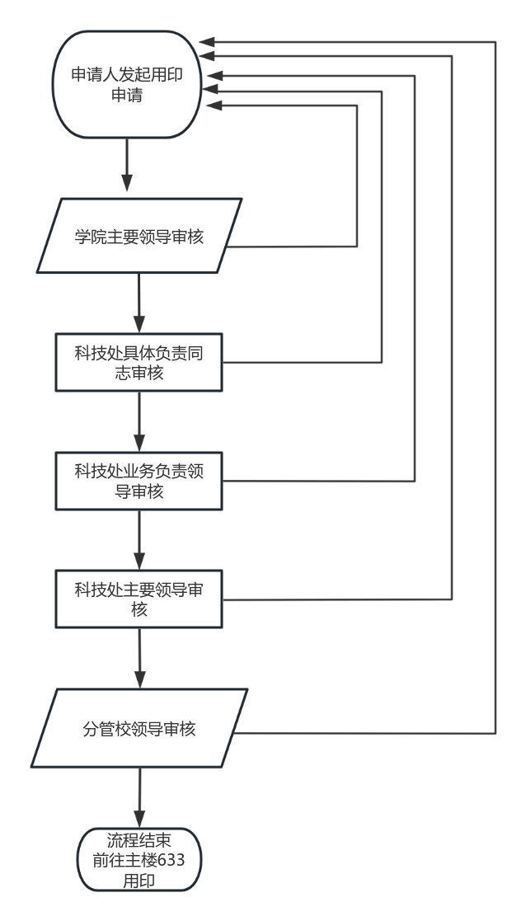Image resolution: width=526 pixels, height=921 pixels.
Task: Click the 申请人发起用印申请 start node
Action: pyautogui.click(x=127, y=85)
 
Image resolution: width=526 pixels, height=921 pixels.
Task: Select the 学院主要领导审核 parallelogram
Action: pyautogui.click(x=139, y=236)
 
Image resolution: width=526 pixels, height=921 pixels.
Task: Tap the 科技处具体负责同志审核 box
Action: pyautogui.click(x=139, y=363)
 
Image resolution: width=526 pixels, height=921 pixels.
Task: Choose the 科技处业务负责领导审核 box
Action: pyautogui.click(x=139, y=481)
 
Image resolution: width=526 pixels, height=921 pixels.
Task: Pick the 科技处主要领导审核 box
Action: pyautogui.click(x=139, y=599)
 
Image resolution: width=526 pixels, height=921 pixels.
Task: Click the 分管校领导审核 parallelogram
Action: pyautogui.click(x=139, y=729)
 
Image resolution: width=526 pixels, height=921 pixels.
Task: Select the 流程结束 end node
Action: pyautogui.click(x=139, y=860)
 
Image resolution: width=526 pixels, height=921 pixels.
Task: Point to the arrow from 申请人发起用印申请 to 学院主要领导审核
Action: pyautogui.click(x=127, y=168)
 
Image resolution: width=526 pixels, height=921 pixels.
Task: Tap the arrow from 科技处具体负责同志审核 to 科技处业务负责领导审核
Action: pyautogui.click(x=139, y=421)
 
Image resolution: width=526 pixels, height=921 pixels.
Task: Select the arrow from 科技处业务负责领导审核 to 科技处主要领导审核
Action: pyautogui.click(x=139, y=539)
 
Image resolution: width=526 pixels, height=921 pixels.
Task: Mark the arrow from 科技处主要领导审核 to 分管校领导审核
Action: pyautogui.click(x=139, y=659)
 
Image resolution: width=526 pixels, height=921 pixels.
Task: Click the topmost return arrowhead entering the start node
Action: pyautogui.click(x=207, y=40)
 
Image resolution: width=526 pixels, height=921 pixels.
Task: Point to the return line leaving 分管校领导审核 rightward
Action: pyautogui.click(x=371, y=732)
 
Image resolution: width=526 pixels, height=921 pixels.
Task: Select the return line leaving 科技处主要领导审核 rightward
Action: pyautogui.click(x=338, y=599)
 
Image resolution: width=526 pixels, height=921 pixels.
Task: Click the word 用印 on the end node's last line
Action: pyautogui.click(x=139, y=881)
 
